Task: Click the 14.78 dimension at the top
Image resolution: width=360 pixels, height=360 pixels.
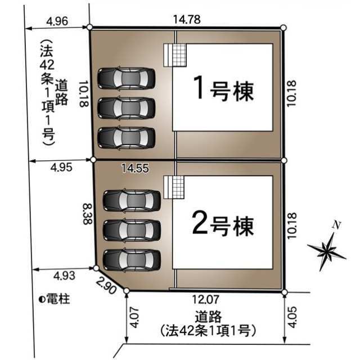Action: [187, 19]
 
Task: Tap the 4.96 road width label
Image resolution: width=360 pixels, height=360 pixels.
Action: [57, 21]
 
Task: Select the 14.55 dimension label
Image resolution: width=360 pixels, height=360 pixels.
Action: [135, 168]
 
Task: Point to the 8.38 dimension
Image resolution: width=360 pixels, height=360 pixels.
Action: [88, 214]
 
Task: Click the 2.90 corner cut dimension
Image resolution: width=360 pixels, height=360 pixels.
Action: [106, 285]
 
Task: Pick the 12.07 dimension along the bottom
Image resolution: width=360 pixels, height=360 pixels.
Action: [205, 299]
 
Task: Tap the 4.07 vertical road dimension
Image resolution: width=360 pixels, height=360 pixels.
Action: [134, 317]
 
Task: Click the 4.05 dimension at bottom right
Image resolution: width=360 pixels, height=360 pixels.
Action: [292, 317]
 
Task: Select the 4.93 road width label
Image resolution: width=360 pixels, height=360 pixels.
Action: [64, 275]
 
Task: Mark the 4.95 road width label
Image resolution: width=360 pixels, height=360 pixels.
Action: [61, 167]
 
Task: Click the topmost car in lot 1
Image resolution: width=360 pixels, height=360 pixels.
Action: [127, 78]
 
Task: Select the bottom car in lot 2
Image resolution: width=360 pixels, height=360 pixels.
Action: [132, 260]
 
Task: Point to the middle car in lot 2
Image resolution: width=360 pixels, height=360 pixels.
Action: [132, 230]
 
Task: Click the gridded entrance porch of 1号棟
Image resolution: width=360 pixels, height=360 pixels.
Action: [175, 55]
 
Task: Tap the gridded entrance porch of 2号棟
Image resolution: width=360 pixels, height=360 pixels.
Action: [174, 187]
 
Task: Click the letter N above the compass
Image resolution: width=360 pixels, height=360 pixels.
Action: [336, 225]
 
